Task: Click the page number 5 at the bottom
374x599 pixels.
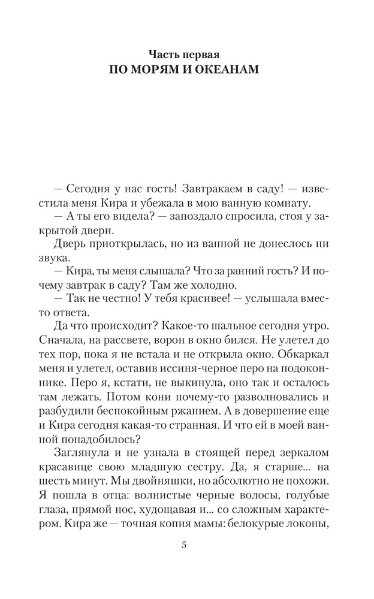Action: tap(185, 545)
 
